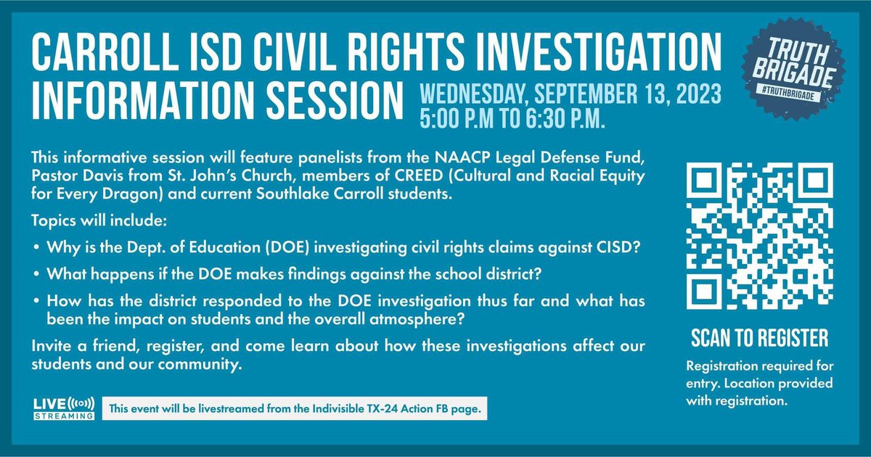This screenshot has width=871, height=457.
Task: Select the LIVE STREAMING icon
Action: pyautogui.click(x=64, y=408)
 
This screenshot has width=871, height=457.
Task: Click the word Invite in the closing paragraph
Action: pyautogui.click(x=50, y=347)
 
